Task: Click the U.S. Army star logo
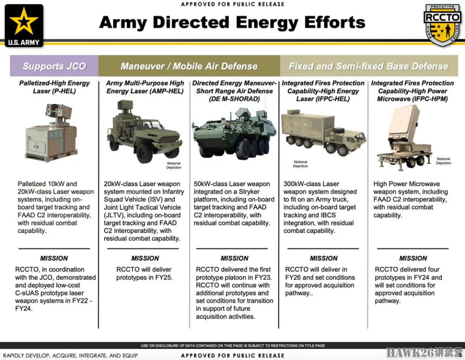point(24,26)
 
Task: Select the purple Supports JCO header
point(54,66)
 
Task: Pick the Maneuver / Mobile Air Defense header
point(189,66)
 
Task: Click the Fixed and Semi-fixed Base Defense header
point(369,66)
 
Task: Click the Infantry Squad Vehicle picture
point(144,131)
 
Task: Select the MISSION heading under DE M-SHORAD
point(234,258)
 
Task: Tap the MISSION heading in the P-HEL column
point(54,258)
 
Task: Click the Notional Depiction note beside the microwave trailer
point(443,161)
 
